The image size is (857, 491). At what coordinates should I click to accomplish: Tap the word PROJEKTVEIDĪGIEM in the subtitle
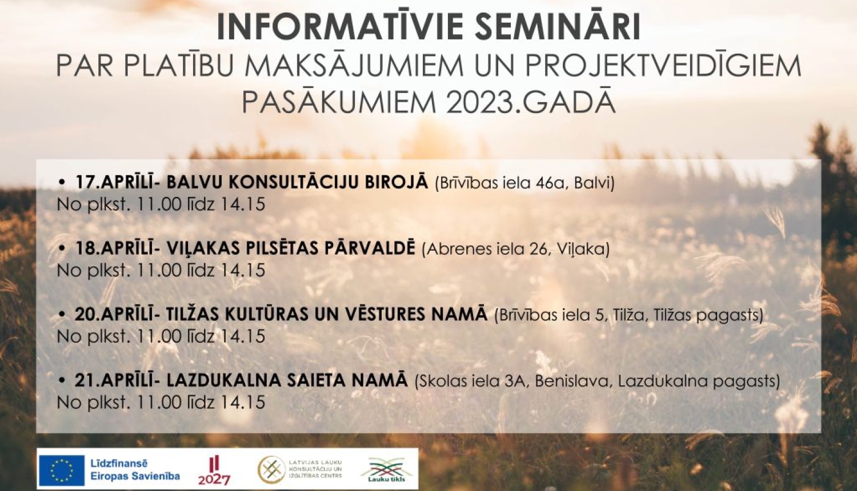(x=663, y=66)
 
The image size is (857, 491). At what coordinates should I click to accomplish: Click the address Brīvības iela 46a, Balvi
(x=524, y=183)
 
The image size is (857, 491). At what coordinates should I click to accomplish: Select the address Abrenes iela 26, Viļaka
(x=516, y=249)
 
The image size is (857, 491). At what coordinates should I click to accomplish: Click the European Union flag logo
(x=61, y=470)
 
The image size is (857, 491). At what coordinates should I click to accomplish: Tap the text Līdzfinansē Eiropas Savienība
(x=135, y=470)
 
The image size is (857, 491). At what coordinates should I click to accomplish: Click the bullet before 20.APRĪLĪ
(x=63, y=315)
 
